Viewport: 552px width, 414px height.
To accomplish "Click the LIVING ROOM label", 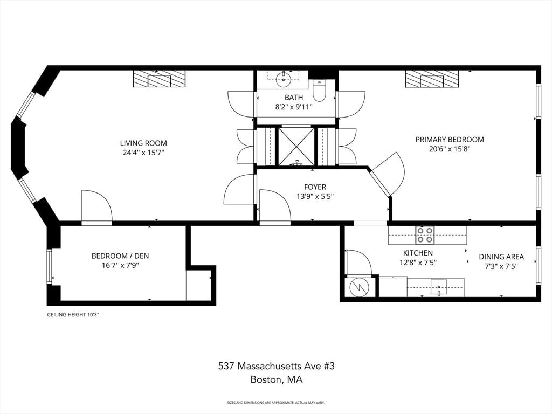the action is coord(143,143).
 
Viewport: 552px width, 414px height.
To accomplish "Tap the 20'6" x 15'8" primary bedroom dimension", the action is coord(450,149).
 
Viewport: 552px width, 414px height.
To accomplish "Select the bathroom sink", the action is coord(283,79).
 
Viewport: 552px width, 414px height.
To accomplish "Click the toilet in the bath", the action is coord(320,90).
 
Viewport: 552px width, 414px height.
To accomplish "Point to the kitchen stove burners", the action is coord(425,235).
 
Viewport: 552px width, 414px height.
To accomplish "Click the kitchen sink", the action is coord(439,286).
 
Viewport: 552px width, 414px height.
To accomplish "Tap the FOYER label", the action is coord(315,187).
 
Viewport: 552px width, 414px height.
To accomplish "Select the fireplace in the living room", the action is coord(159,79).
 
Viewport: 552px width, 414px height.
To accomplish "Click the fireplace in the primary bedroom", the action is coord(432,79).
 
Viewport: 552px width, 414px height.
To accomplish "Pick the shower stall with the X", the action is coord(296,147).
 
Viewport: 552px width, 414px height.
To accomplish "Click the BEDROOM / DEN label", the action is coord(120,256).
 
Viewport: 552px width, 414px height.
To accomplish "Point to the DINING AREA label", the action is coord(501,257).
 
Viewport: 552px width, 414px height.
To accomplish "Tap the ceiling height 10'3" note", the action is coord(73,315).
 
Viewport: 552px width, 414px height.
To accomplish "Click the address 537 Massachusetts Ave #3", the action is coord(277,366).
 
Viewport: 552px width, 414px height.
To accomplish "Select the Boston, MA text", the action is coord(277,379).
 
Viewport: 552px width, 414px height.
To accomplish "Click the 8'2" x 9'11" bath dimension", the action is coord(294,107).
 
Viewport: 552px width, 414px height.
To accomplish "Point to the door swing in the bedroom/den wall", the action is coord(96,207).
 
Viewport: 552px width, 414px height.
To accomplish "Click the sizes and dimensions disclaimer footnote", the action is coord(276,402).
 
